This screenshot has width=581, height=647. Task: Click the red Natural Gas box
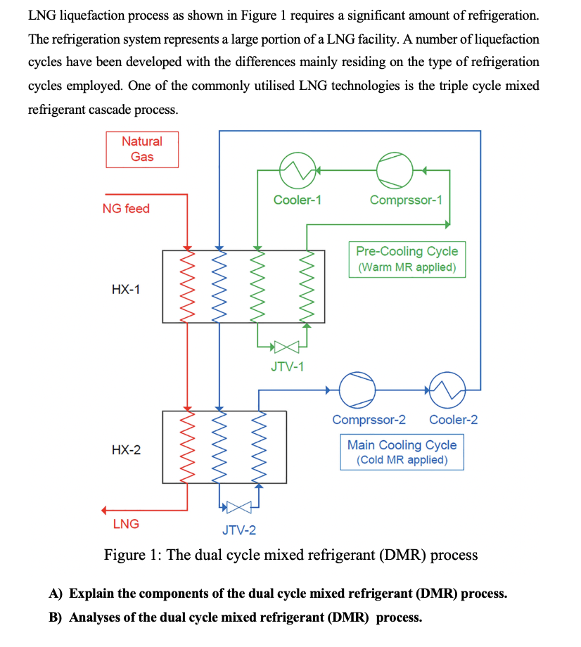coord(142,149)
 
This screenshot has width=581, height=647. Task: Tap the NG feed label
coord(126,208)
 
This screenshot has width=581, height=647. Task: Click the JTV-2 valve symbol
coord(238,506)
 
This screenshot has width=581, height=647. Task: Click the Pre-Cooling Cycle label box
coord(407,259)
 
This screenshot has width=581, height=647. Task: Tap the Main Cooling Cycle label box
coord(402,452)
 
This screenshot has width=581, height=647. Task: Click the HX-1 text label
coord(126,289)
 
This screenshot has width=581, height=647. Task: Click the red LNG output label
coord(126,524)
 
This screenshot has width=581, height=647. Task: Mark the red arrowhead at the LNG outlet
coord(106,510)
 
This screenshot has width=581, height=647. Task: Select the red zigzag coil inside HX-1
coord(187,286)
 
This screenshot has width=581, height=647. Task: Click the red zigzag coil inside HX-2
coord(187,447)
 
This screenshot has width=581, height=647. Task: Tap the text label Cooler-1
coord(297,200)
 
